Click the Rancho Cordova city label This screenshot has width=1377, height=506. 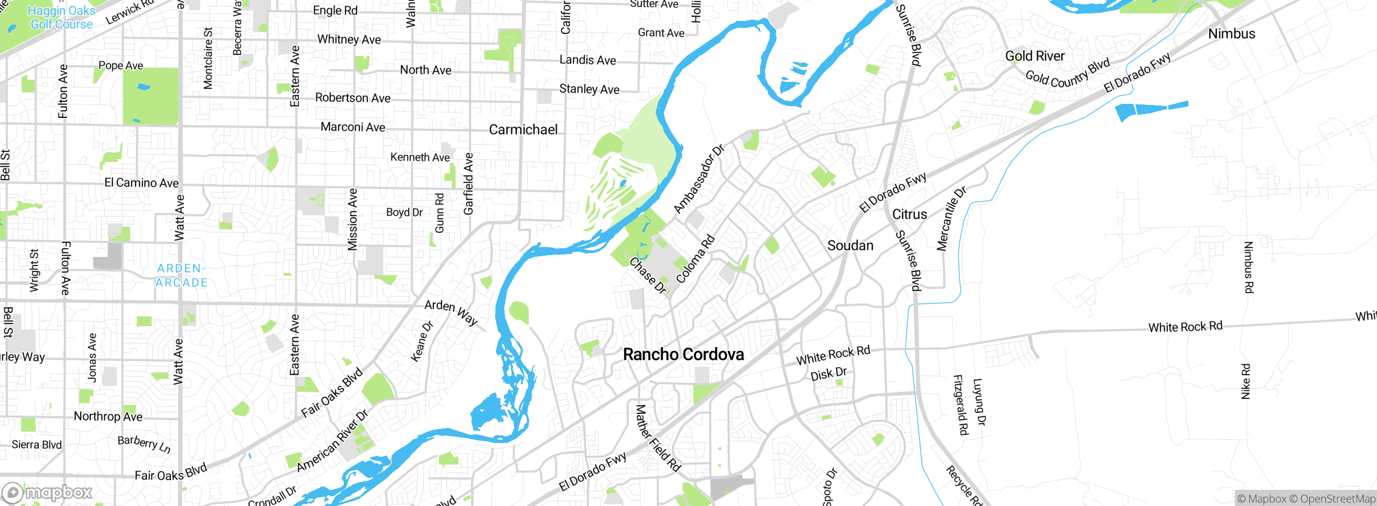(683, 354)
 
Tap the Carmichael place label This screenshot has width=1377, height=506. (523, 129)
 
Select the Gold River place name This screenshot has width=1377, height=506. (1034, 56)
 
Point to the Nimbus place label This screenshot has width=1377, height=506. (1231, 33)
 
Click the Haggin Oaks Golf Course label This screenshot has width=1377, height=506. (61, 17)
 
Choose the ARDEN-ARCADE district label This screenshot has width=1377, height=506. (181, 275)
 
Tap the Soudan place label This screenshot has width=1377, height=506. (850, 245)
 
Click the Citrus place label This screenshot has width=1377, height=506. (909, 214)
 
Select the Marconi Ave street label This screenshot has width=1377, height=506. (352, 127)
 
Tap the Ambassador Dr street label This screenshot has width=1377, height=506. (698, 179)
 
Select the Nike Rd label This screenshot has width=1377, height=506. (1245, 381)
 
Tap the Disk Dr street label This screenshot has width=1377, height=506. (828, 374)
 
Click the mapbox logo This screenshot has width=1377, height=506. (47, 492)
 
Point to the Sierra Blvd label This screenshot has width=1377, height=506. (37, 445)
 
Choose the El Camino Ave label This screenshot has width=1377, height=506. (141, 183)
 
